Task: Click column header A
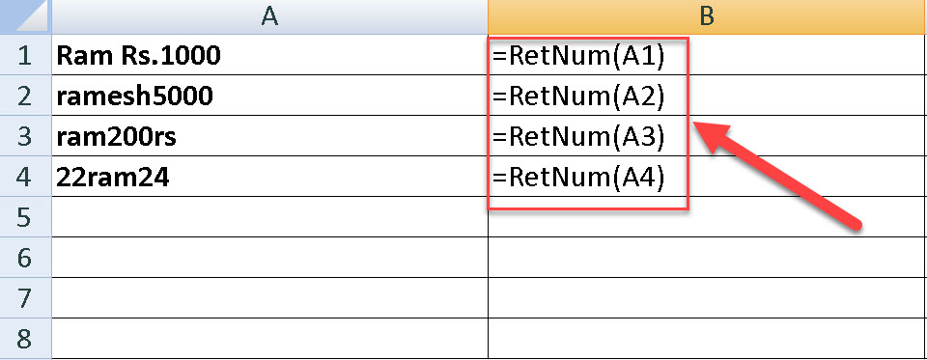[x=269, y=16]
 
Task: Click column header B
[x=707, y=16]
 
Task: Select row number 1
[x=24, y=57]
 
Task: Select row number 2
[x=24, y=97]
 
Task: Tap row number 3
[x=24, y=137]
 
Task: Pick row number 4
[x=24, y=178]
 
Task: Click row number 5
[x=24, y=217]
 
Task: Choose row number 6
[x=24, y=258]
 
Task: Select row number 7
[x=24, y=298]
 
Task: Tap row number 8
[x=24, y=339]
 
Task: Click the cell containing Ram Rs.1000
[x=139, y=57]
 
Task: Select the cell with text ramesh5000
[x=135, y=97]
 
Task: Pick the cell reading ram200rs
[x=117, y=138]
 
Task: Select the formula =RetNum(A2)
[x=578, y=97]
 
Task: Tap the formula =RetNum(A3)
[x=578, y=138]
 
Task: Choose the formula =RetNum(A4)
[x=578, y=179]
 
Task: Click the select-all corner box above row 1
[x=24, y=16]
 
